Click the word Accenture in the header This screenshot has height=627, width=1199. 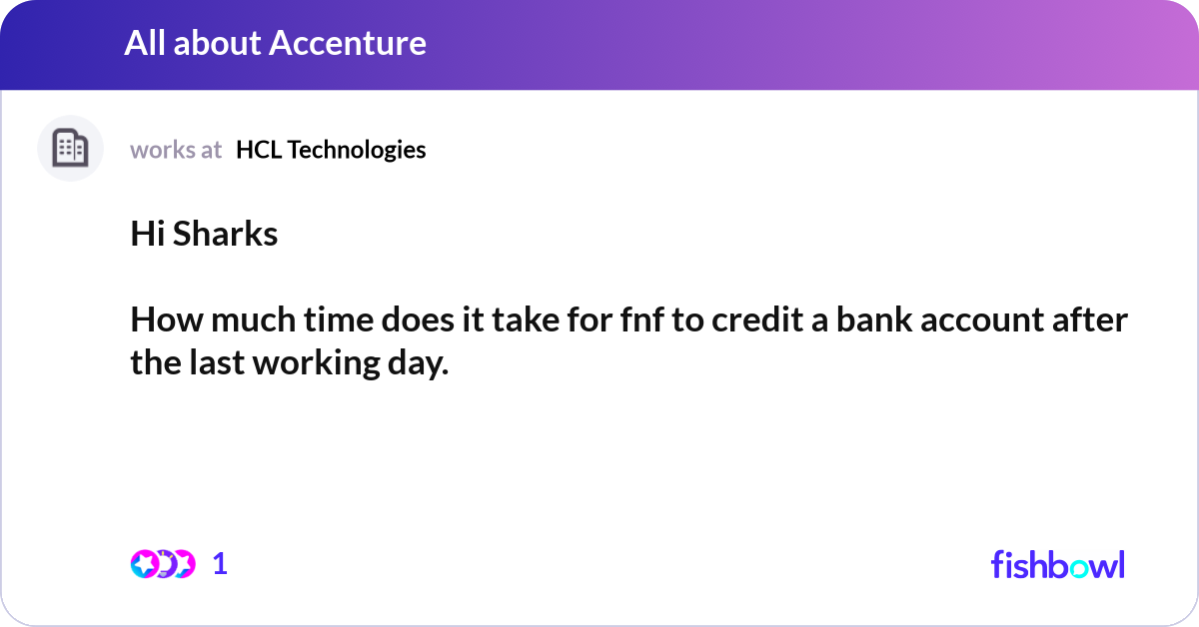pos(348,43)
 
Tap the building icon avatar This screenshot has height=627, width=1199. pos(70,148)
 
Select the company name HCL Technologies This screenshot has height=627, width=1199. pos(331,150)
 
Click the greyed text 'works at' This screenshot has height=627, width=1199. pos(176,150)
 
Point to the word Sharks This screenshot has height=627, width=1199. pos(226,234)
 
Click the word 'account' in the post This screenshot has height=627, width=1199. pos(982,320)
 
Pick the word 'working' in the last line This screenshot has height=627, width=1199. pos(317,363)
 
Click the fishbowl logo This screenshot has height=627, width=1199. pos(1058,564)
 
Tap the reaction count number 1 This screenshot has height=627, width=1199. pos(220,564)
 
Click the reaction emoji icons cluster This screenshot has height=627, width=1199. pos(163,564)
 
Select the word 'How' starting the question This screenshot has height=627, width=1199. pos(167,319)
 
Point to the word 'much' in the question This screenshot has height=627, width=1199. pos(253,319)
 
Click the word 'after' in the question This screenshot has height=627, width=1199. pos(1090,319)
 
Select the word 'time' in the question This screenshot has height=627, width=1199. pos(339,319)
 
